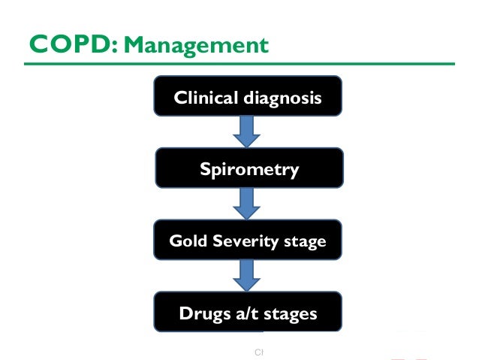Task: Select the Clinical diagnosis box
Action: click(249, 96)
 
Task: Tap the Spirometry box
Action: click(249, 168)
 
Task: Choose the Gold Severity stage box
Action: click(249, 241)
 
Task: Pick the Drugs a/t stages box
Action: click(249, 313)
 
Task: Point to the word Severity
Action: click(240, 242)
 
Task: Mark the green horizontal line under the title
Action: click(239, 62)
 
